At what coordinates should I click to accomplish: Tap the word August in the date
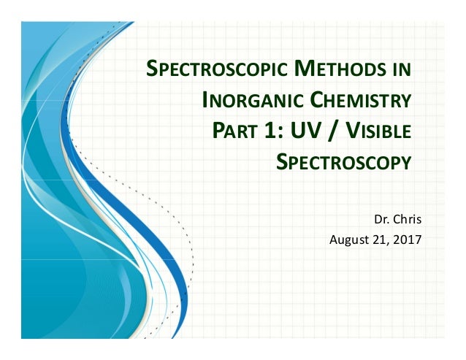tap(348, 239)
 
